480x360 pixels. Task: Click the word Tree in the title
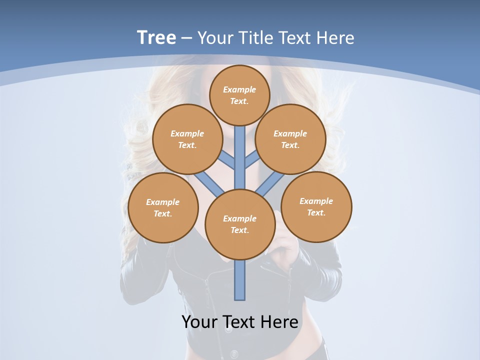click(156, 37)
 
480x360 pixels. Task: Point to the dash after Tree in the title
click(186, 38)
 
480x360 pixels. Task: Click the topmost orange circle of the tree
click(239, 95)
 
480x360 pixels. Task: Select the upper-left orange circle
click(187, 139)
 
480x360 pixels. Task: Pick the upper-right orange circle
click(290, 139)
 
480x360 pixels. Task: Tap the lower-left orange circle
click(163, 207)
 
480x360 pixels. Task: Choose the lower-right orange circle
click(316, 206)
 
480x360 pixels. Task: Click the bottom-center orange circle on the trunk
click(240, 224)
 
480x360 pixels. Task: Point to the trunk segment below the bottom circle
click(240, 280)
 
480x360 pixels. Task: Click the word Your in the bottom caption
click(200, 322)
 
